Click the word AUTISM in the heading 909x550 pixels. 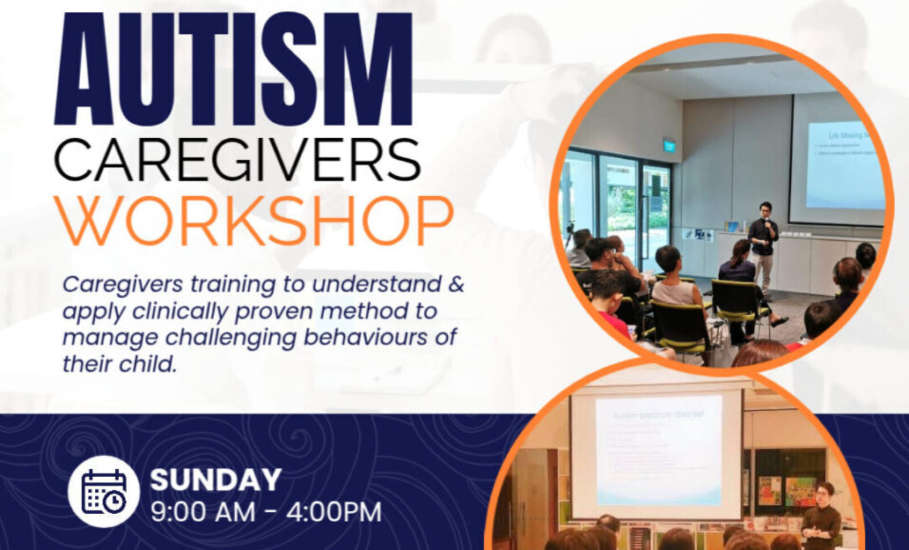(x=233, y=69)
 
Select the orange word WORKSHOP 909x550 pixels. (x=254, y=221)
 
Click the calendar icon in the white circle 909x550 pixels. (x=104, y=491)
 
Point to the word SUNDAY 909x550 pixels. (x=216, y=479)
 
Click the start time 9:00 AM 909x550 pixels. (x=203, y=512)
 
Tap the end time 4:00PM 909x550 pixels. (x=333, y=512)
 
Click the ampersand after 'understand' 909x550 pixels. (x=456, y=284)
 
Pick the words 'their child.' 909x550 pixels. (x=120, y=364)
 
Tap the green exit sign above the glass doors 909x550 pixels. (x=669, y=146)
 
